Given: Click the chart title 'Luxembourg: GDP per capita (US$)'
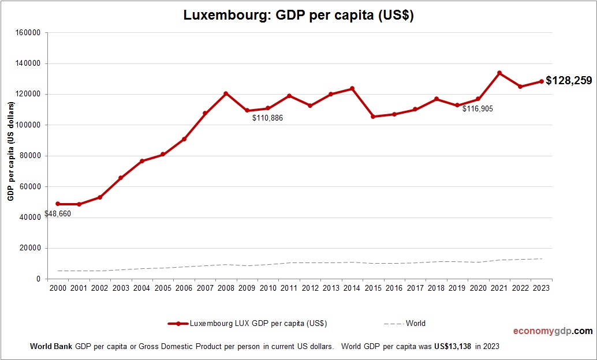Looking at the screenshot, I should pos(298,16).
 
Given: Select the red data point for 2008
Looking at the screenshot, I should pos(226,93).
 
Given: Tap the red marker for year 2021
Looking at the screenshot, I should pos(499,73).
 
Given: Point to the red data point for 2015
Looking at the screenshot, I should pos(373,117).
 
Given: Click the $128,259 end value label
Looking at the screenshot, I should pos(569,81).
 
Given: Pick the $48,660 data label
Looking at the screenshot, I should pos(58,214).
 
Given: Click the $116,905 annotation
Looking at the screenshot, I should pos(477,108).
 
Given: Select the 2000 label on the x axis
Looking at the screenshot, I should pos(58,288).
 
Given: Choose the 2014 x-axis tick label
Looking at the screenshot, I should pos(352,288).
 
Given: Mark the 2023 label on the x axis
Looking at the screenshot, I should pos(542,288).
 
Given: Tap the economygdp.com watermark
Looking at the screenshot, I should pos(553,331).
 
